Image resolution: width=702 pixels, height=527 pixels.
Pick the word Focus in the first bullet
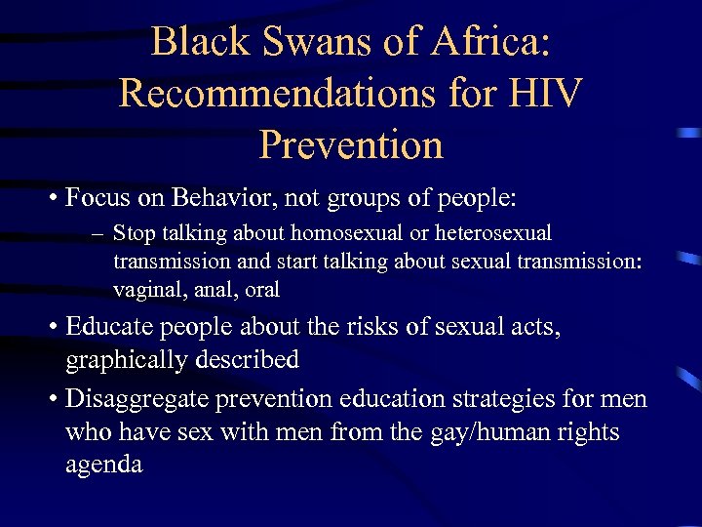pos(97,198)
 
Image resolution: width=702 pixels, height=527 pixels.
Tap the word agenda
pos(103,464)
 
